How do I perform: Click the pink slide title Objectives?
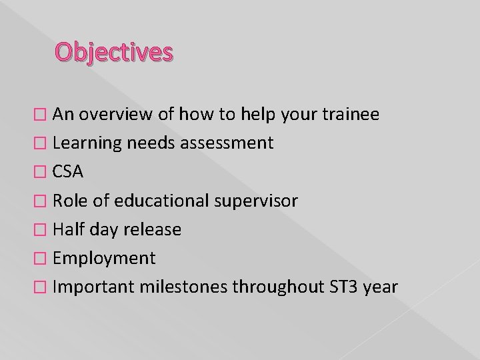[x=114, y=51]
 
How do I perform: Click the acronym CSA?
[x=68, y=172]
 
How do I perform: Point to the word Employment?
[x=104, y=258]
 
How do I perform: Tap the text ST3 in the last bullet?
[x=343, y=287]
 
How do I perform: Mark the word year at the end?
[x=381, y=287]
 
